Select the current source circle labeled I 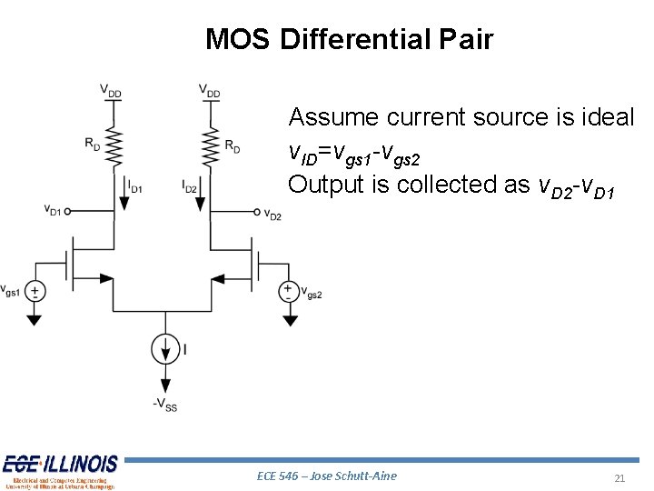(165, 348)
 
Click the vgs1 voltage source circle (35, 291)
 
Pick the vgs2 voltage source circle (288, 291)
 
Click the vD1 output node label (53, 210)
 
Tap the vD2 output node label (272, 215)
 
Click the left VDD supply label (112, 92)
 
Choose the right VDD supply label (210, 92)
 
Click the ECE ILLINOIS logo (60, 470)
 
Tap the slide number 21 (620, 478)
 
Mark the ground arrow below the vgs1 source (35, 320)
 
